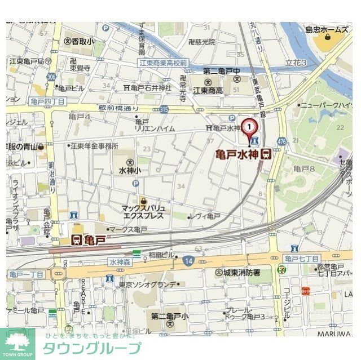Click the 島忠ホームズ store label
tap(327, 29)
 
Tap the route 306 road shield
tap(51, 75)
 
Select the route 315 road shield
tap(164, 108)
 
